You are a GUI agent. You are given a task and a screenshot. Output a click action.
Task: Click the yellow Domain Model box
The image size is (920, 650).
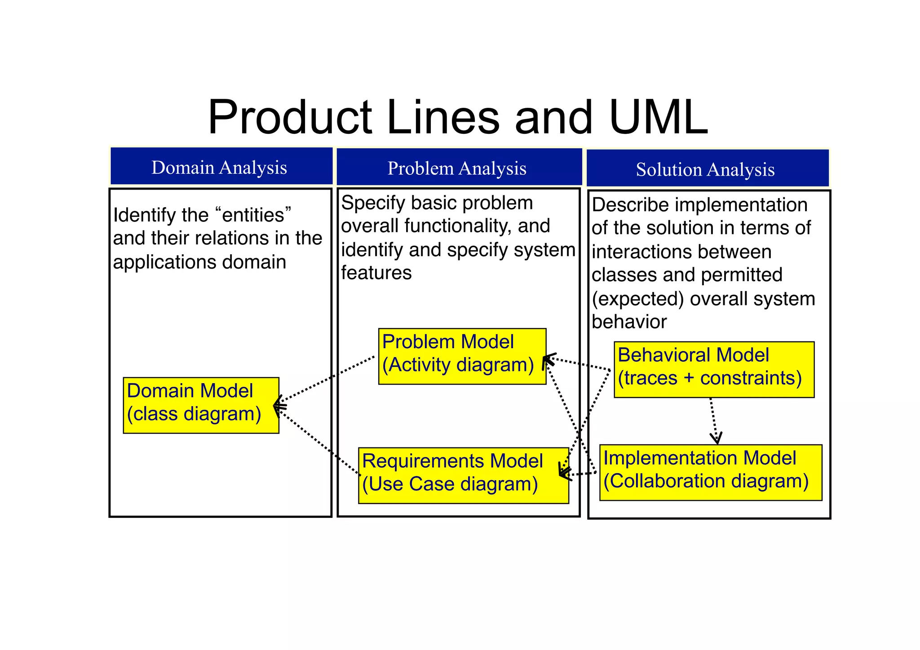[x=201, y=405]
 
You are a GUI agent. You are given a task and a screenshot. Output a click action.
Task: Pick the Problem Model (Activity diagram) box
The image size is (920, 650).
[x=462, y=356]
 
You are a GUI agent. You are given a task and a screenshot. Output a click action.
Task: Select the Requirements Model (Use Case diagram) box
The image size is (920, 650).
[x=463, y=475]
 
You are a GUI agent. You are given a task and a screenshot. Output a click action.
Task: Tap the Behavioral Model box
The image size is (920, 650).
[x=713, y=369]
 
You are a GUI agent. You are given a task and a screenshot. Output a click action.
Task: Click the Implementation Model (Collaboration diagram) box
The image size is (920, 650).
[x=710, y=472]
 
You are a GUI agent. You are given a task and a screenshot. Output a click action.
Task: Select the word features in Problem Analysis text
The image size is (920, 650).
[x=376, y=273]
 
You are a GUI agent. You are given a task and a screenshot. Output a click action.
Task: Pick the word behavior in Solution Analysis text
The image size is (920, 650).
[x=629, y=322]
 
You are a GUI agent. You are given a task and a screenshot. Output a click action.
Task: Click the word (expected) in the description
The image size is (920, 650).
[x=638, y=299]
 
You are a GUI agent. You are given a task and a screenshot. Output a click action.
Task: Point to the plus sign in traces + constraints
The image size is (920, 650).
[x=689, y=378]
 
